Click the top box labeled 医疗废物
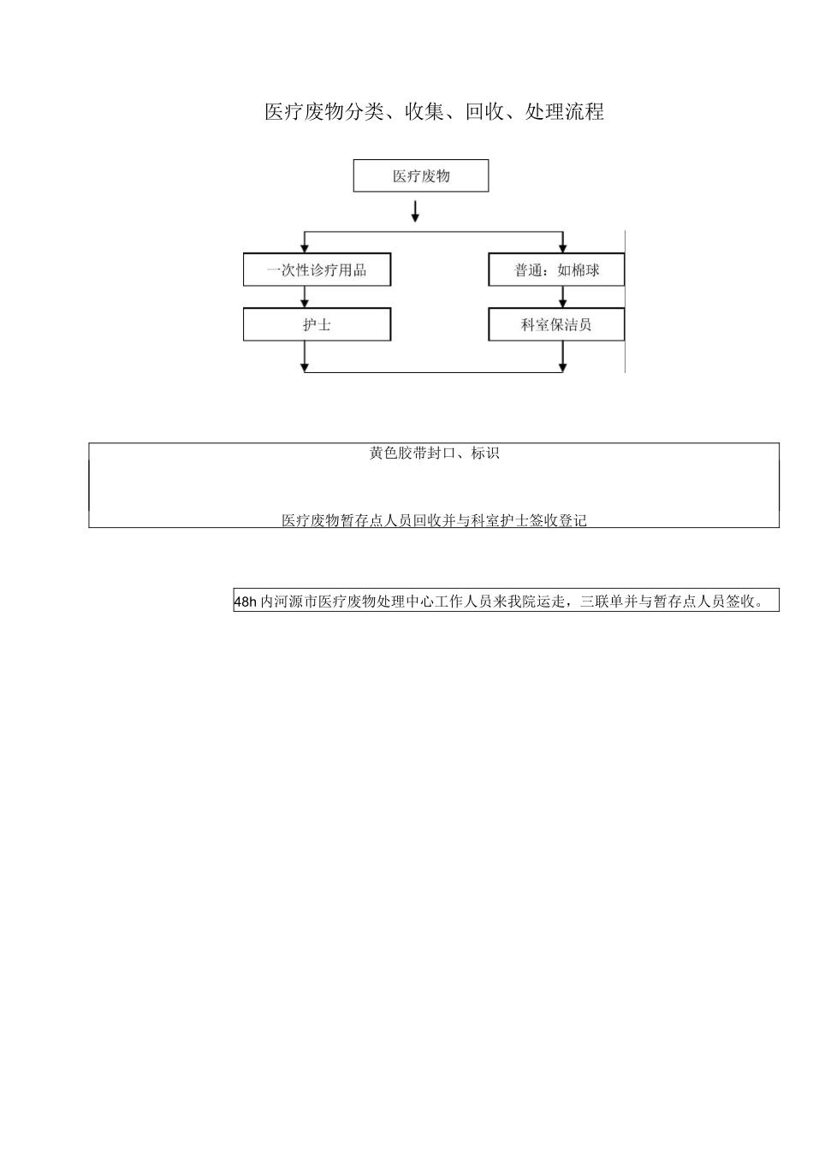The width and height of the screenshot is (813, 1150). (421, 176)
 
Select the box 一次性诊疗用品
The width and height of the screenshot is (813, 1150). (317, 270)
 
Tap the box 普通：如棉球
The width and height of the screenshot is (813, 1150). (556, 270)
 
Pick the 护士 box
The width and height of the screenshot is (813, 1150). (317, 325)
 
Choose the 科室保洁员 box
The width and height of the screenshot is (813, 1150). (556, 325)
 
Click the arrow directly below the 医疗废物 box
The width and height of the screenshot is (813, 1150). (415, 211)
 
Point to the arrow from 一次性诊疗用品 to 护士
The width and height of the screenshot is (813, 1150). (305, 298)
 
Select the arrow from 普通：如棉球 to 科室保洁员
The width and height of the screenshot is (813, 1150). (562, 298)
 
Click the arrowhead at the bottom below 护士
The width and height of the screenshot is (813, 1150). (305, 366)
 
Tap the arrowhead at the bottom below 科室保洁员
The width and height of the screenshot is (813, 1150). (562, 366)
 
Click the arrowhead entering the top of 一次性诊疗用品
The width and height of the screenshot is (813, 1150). (305, 247)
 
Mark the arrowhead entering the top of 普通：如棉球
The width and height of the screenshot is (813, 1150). (562, 247)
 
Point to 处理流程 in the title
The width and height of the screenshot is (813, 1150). (565, 112)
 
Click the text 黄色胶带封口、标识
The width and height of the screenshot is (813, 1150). (435, 453)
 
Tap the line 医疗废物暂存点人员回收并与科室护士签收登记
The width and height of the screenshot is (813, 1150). (435, 520)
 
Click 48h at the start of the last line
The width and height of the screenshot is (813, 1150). (246, 602)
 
